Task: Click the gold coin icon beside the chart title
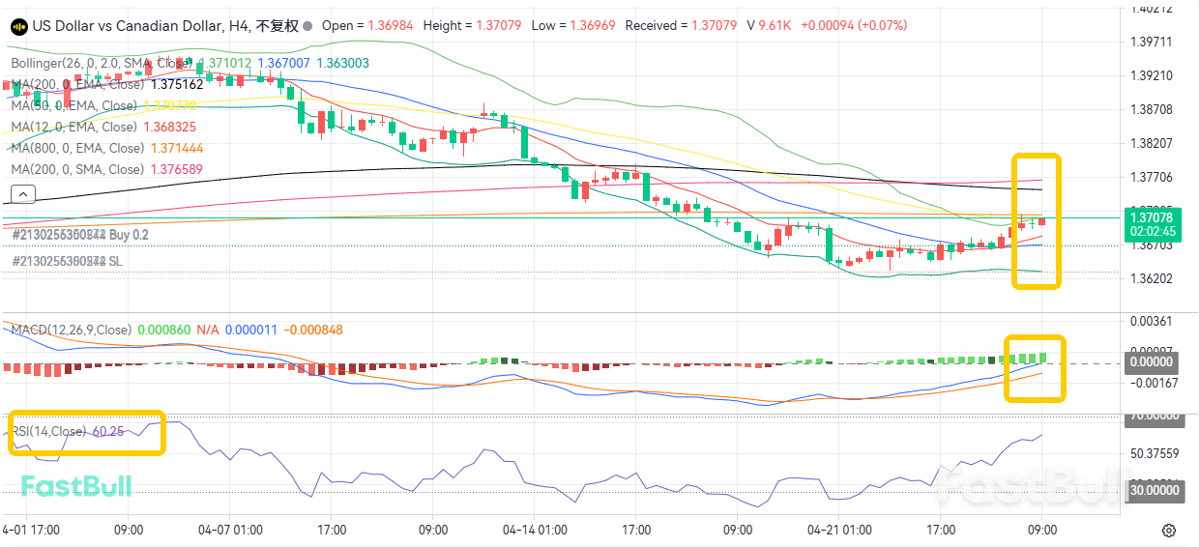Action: (18, 26)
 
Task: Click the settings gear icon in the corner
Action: (1169, 531)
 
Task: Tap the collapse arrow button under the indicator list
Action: (20, 195)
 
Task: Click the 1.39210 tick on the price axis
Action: (1151, 75)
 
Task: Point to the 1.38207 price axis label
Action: (1151, 143)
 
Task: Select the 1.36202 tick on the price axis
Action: (1151, 278)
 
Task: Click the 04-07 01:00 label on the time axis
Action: (230, 531)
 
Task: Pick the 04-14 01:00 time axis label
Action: (535, 531)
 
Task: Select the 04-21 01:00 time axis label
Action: (839, 531)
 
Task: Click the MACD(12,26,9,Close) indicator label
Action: (71, 331)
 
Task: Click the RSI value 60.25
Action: (107, 431)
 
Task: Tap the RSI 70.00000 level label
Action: (1155, 416)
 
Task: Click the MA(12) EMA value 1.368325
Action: (169, 127)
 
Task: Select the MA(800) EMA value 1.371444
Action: (177, 148)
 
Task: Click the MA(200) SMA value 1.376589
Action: (175, 169)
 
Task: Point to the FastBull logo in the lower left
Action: (76, 486)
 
